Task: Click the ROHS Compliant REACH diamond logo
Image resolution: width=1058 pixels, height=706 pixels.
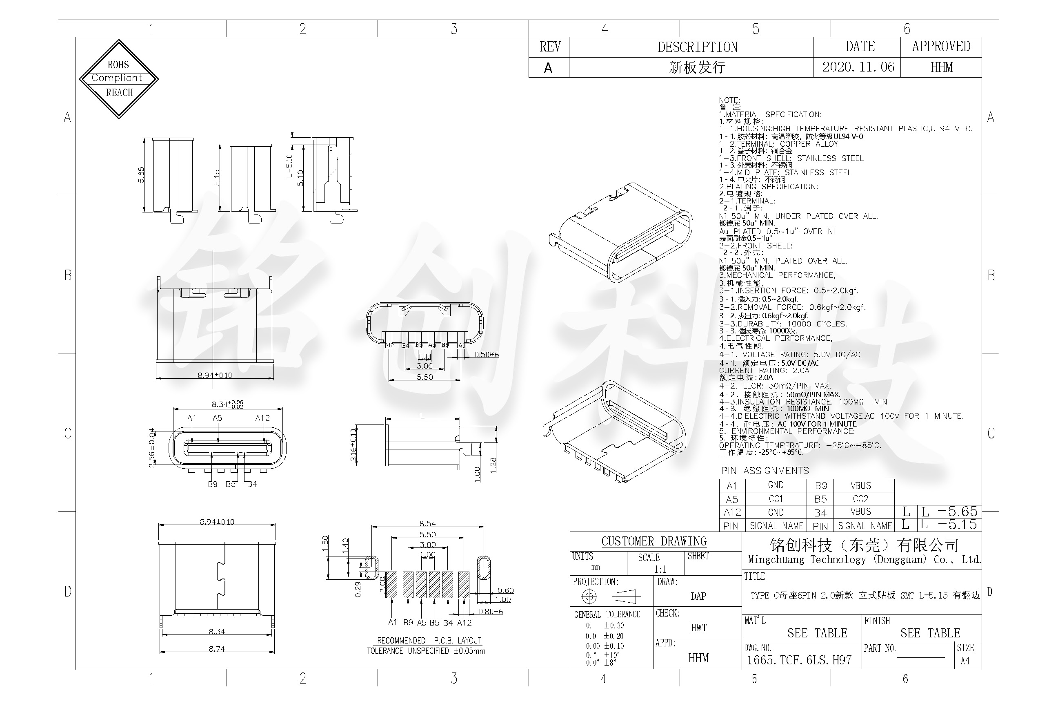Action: (x=119, y=79)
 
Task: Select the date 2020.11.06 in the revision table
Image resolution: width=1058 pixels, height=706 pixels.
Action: (x=858, y=67)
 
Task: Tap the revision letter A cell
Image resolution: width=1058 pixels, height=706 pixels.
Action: (x=548, y=68)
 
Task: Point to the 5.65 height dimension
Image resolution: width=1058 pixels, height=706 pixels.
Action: (x=141, y=175)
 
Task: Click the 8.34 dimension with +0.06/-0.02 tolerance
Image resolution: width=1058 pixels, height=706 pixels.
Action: (x=227, y=404)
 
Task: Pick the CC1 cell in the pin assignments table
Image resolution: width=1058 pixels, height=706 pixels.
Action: (x=776, y=499)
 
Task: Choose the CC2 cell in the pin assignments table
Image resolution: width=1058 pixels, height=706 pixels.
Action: (x=860, y=499)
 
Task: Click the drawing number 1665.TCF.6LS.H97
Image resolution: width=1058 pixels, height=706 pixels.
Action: (x=799, y=660)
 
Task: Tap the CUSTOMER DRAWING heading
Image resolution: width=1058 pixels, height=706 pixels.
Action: (x=653, y=541)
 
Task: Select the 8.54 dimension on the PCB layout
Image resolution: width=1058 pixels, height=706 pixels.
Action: (x=427, y=524)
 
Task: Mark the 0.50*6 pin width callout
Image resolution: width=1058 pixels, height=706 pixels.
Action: (x=487, y=354)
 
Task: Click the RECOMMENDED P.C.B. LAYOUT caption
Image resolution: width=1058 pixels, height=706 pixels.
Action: (x=429, y=640)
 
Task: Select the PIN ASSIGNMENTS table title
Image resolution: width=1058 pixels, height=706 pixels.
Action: (x=765, y=471)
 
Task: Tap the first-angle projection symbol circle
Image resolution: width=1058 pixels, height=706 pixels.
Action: (x=589, y=597)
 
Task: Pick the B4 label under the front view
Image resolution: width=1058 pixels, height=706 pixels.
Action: (x=252, y=484)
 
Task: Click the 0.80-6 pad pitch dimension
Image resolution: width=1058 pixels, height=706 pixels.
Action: (x=490, y=612)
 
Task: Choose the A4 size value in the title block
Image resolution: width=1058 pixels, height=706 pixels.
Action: (x=965, y=661)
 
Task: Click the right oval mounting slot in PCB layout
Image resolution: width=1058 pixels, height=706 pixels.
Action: (x=484, y=567)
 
